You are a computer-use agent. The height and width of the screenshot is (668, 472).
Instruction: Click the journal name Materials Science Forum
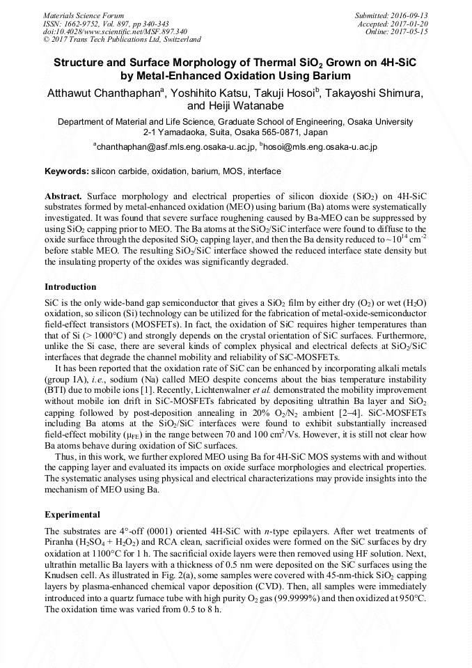[x=84, y=15]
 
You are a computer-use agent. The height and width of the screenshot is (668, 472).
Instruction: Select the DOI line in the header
[x=115, y=31]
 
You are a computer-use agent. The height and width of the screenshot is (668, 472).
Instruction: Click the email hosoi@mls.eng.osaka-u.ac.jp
[x=320, y=147]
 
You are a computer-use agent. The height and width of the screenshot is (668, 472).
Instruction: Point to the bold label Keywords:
[x=66, y=171]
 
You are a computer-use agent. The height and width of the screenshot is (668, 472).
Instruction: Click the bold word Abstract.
[x=63, y=197]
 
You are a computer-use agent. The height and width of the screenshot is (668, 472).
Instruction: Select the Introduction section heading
[x=70, y=287]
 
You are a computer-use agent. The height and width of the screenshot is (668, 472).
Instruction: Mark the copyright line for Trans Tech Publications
[x=122, y=40]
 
